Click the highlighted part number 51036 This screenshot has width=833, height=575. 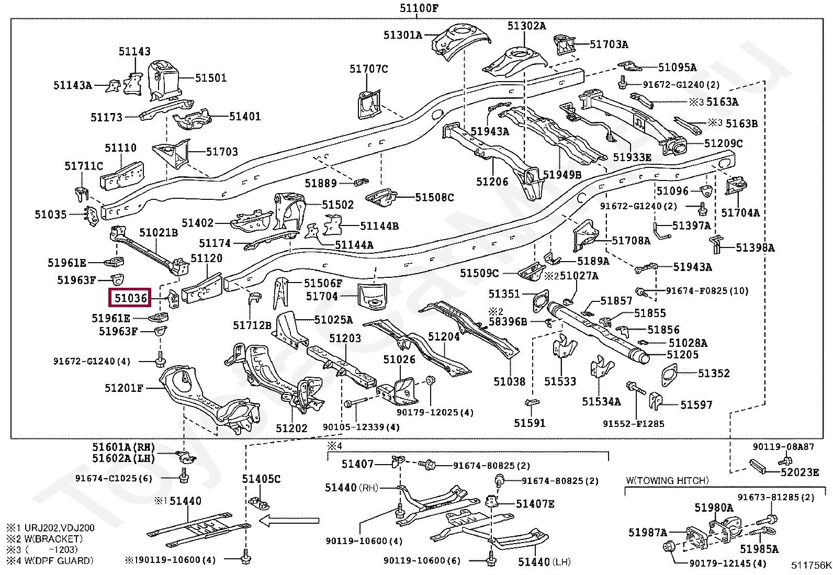130,298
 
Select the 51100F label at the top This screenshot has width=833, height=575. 419,8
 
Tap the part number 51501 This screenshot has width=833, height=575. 211,78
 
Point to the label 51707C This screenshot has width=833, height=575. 369,69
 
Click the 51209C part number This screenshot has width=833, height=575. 723,143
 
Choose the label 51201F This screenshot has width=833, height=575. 123,388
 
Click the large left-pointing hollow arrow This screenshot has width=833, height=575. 289,521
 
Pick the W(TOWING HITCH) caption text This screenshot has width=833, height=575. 667,480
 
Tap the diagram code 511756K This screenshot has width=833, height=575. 811,565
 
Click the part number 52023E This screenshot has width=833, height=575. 800,472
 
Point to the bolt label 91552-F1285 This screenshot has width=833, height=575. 633,424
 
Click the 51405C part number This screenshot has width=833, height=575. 261,479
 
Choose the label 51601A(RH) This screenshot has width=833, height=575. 123,447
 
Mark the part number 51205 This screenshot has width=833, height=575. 682,354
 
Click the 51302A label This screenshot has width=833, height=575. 526,26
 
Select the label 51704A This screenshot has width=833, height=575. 740,213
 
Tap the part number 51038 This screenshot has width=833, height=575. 509,381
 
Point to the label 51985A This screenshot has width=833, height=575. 759,549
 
